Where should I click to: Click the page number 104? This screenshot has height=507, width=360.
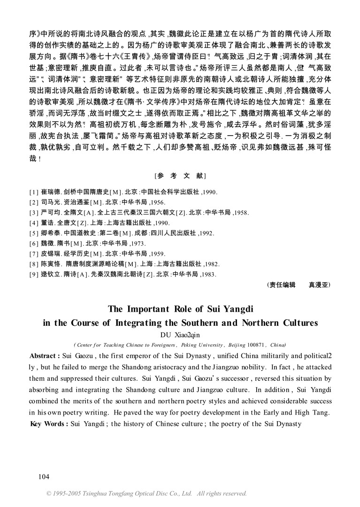[x=43, y=476]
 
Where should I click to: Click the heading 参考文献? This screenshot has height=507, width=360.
[x=180, y=176]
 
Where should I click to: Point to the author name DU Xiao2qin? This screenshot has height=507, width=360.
[x=180, y=334]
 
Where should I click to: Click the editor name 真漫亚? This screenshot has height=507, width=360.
[x=319, y=284]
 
